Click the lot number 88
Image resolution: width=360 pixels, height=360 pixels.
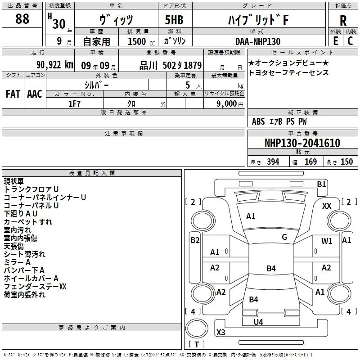(22, 19)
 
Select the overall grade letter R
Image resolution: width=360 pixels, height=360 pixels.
(343, 20)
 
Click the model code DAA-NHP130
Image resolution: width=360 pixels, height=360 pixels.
(258, 41)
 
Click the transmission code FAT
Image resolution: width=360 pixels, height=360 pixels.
(13, 94)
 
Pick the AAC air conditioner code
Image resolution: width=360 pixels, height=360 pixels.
(34, 94)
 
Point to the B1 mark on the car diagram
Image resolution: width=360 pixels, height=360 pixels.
(321, 184)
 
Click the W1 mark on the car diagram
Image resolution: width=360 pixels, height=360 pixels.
(327, 241)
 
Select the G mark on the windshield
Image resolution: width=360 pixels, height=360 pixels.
(284, 237)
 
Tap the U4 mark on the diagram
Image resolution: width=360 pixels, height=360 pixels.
(258, 322)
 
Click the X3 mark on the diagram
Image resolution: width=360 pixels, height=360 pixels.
(221, 333)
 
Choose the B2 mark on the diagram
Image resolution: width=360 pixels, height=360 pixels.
(195, 240)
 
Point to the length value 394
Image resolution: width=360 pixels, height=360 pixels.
(273, 162)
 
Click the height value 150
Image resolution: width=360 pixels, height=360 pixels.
(346, 162)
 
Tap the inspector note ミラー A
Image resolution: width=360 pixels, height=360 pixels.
(18, 262)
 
